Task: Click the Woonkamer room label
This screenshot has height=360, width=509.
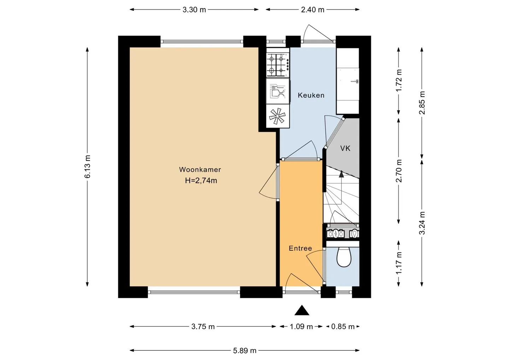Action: click(x=200, y=169)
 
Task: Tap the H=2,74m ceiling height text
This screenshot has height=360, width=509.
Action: click(x=201, y=181)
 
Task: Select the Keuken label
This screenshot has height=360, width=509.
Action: click(x=311, y=95)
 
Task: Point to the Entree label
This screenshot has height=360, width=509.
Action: click(x=300, y=248)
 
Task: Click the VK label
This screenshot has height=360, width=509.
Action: click(x=345, y=149)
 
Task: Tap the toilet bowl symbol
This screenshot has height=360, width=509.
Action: click(x=344, y=257)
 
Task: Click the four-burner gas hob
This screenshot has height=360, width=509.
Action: click(x=278, y=65)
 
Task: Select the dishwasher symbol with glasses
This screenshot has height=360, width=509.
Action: click(x=278, y=91)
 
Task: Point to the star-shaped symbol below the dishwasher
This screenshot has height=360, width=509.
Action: click(x=277, y=116)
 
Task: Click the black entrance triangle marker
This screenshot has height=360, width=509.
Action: click(x=302, y=310)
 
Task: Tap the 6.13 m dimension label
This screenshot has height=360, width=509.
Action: click(x=88, y=167)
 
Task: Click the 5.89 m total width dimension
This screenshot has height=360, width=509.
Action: click(x=245, y=351)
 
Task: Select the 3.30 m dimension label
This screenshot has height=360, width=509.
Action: click(x=194, y=10)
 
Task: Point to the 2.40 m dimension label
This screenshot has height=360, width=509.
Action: click(x=313, y=10)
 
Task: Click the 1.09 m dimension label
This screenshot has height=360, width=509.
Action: click(x=301, y=327)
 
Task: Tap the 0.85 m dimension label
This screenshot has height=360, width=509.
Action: click(x=343, y=327)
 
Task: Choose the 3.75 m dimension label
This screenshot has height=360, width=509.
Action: click(x=203, y=327)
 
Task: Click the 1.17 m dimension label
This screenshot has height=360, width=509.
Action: click(x=399, y=263)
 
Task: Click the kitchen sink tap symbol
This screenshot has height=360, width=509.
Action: click(x=355, y=81)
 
